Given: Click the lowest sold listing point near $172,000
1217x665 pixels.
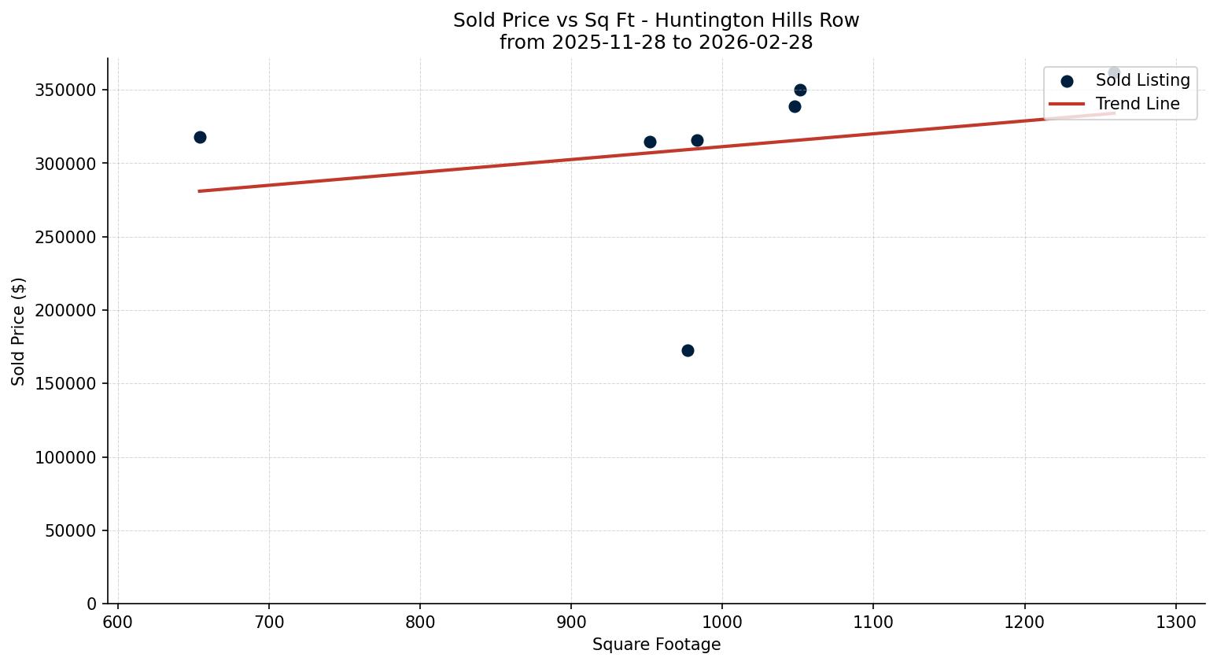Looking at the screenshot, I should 688,350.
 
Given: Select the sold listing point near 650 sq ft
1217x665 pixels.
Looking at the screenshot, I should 200,137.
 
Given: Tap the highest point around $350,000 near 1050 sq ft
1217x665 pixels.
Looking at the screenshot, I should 800,90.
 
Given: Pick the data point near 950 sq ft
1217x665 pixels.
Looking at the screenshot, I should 650,142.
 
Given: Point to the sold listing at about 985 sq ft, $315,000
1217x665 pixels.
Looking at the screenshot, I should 697,140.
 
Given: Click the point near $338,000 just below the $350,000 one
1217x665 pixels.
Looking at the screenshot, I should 795,106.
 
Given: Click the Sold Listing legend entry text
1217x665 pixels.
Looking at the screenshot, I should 1142,80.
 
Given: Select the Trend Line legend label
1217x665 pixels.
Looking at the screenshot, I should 1138,104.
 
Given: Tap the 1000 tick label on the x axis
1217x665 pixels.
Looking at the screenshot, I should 722,622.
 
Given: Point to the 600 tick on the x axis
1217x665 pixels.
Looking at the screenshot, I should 118,622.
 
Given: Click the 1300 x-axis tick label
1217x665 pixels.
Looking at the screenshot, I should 1176,622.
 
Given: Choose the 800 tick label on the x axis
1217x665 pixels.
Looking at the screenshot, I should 420,622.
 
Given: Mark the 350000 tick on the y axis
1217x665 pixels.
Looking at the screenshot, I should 66,90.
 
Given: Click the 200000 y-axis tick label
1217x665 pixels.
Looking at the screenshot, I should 66,310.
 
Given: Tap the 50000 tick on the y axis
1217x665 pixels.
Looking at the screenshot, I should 70,530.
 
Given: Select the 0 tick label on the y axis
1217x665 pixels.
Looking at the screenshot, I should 92,604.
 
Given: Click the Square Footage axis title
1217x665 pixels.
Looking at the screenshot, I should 656,645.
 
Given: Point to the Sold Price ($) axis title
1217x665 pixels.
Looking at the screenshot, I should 19,331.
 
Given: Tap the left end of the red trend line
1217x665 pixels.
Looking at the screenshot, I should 200,190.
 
